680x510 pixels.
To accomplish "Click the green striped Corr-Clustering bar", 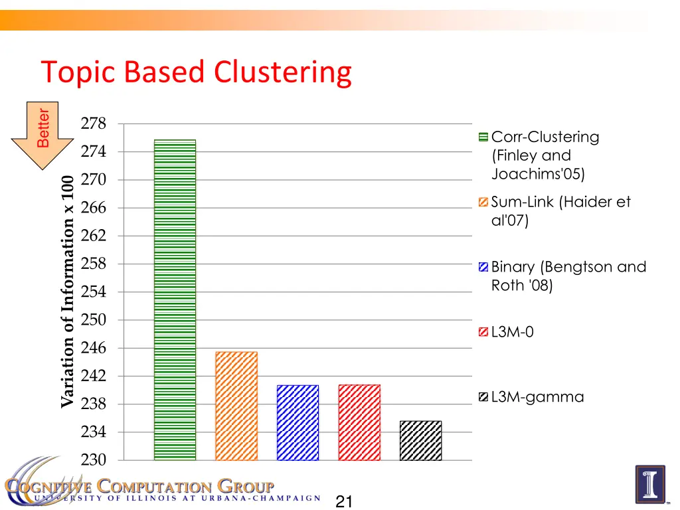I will [175, 299].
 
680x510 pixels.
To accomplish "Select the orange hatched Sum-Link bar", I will [236, 406].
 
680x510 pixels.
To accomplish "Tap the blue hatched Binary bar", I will [297, 422].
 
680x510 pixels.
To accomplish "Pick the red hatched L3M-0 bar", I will [359, 422].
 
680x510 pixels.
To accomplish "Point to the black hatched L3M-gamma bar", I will [420, 440].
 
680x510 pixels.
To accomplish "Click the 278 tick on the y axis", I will [93, 124].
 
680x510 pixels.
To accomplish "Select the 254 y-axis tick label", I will [93, 292].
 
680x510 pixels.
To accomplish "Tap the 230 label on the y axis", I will [93, 460].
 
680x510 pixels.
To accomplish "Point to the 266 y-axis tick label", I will [93, 208].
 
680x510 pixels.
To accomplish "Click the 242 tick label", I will [93, 376].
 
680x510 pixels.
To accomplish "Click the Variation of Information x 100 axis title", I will [67, 291].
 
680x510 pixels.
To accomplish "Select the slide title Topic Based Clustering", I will [196, 72].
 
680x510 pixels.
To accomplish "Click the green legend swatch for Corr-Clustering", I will [483, 137].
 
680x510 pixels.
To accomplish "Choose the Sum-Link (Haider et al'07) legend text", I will [560, 211].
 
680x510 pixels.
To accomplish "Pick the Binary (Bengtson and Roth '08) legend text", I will [568, 276].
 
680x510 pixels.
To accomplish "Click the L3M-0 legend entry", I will [512, 332].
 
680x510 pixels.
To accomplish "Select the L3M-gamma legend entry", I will [537, 397].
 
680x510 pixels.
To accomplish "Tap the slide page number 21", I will [344, 501].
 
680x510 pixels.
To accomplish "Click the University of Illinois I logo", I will [649, 484].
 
